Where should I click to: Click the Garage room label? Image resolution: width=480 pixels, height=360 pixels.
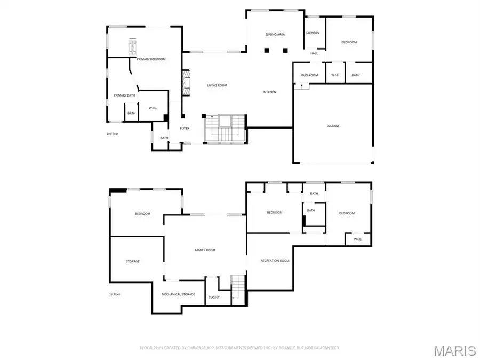point(333,126)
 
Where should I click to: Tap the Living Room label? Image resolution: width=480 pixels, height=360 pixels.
point(218,85)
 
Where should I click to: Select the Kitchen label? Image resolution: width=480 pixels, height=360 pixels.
point(270,92)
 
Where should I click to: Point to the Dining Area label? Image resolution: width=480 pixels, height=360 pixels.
point(275,34)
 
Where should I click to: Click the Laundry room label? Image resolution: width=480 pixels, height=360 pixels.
point(313,33)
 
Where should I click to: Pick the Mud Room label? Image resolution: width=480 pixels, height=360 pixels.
point(309,75)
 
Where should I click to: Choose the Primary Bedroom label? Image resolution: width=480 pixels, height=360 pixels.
point(151,59)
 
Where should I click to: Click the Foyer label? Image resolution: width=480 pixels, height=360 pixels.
point(185,128)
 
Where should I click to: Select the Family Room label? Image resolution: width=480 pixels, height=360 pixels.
point(205,250)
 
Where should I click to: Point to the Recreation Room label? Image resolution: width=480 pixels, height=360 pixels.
point(275,261)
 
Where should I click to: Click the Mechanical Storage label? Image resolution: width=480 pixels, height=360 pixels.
point(178,294)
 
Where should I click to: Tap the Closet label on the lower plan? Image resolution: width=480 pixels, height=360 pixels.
point(214,297)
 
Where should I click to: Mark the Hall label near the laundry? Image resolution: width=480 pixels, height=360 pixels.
point(314,53)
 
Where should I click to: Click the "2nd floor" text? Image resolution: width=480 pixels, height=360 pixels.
point(112,133)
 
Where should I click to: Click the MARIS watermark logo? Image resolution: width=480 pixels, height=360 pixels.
point(454,350)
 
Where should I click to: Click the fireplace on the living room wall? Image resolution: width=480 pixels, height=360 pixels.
point(186,84)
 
